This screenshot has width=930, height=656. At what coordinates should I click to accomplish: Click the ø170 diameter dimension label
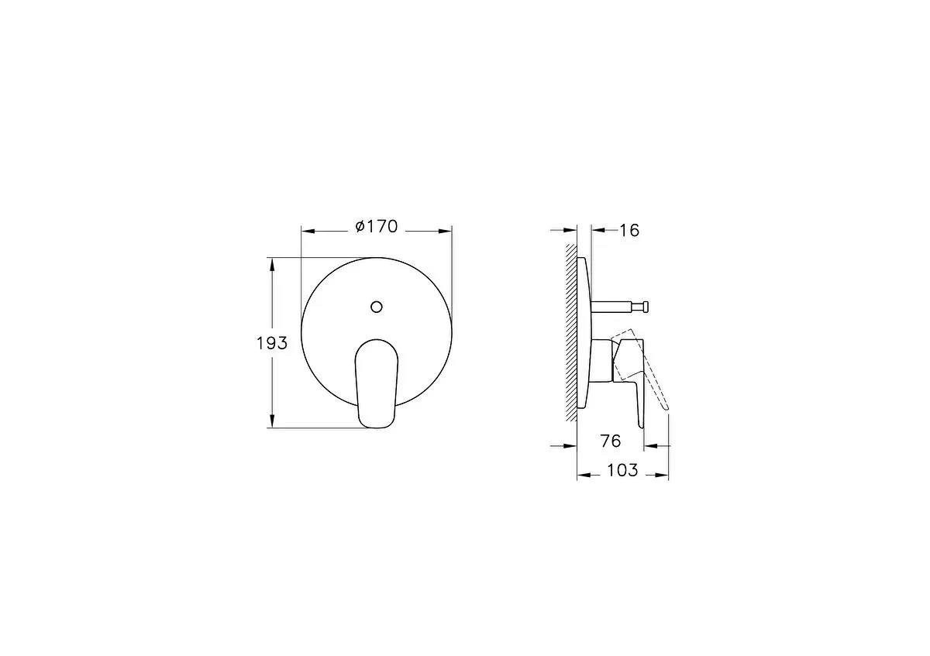(x=377, y=227)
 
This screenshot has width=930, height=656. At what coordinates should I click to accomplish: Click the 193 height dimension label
(x=272, y=343)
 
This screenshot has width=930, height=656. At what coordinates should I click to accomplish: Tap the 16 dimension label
(x=629, y=230)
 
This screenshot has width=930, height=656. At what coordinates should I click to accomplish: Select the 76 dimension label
(x=611, y=441)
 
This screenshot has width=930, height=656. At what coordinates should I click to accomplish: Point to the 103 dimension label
(x=622, y=470)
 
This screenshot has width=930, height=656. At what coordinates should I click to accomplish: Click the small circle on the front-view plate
(x=377, y=307)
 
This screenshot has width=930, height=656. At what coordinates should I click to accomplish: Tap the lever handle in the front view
(x=377, y=384)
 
